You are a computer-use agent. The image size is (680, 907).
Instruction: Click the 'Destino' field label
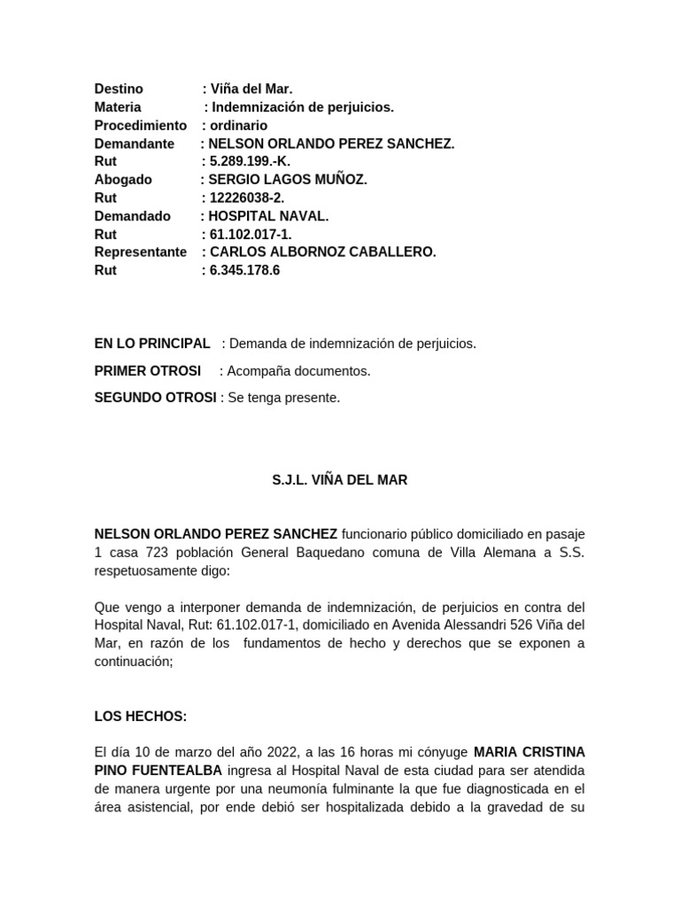coord(119,89)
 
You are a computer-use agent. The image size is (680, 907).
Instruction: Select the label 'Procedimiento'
coord(141,126)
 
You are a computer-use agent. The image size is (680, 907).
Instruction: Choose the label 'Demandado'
coord(131,216)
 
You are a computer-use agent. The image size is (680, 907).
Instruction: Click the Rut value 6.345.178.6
coord(244,270)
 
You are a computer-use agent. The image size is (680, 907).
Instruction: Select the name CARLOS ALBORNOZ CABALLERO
coord(322,252)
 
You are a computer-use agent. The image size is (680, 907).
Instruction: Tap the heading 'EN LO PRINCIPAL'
coord(152,344)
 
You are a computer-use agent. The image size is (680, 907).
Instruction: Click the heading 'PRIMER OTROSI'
coord(148,371)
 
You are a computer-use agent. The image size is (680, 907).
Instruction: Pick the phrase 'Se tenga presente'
coord(283,399)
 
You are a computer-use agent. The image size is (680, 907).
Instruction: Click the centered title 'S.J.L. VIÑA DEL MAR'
coord(339,480)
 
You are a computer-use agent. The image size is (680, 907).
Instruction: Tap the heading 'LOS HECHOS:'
coord(141,717)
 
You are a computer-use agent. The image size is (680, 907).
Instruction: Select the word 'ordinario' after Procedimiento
coord(239,126)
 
